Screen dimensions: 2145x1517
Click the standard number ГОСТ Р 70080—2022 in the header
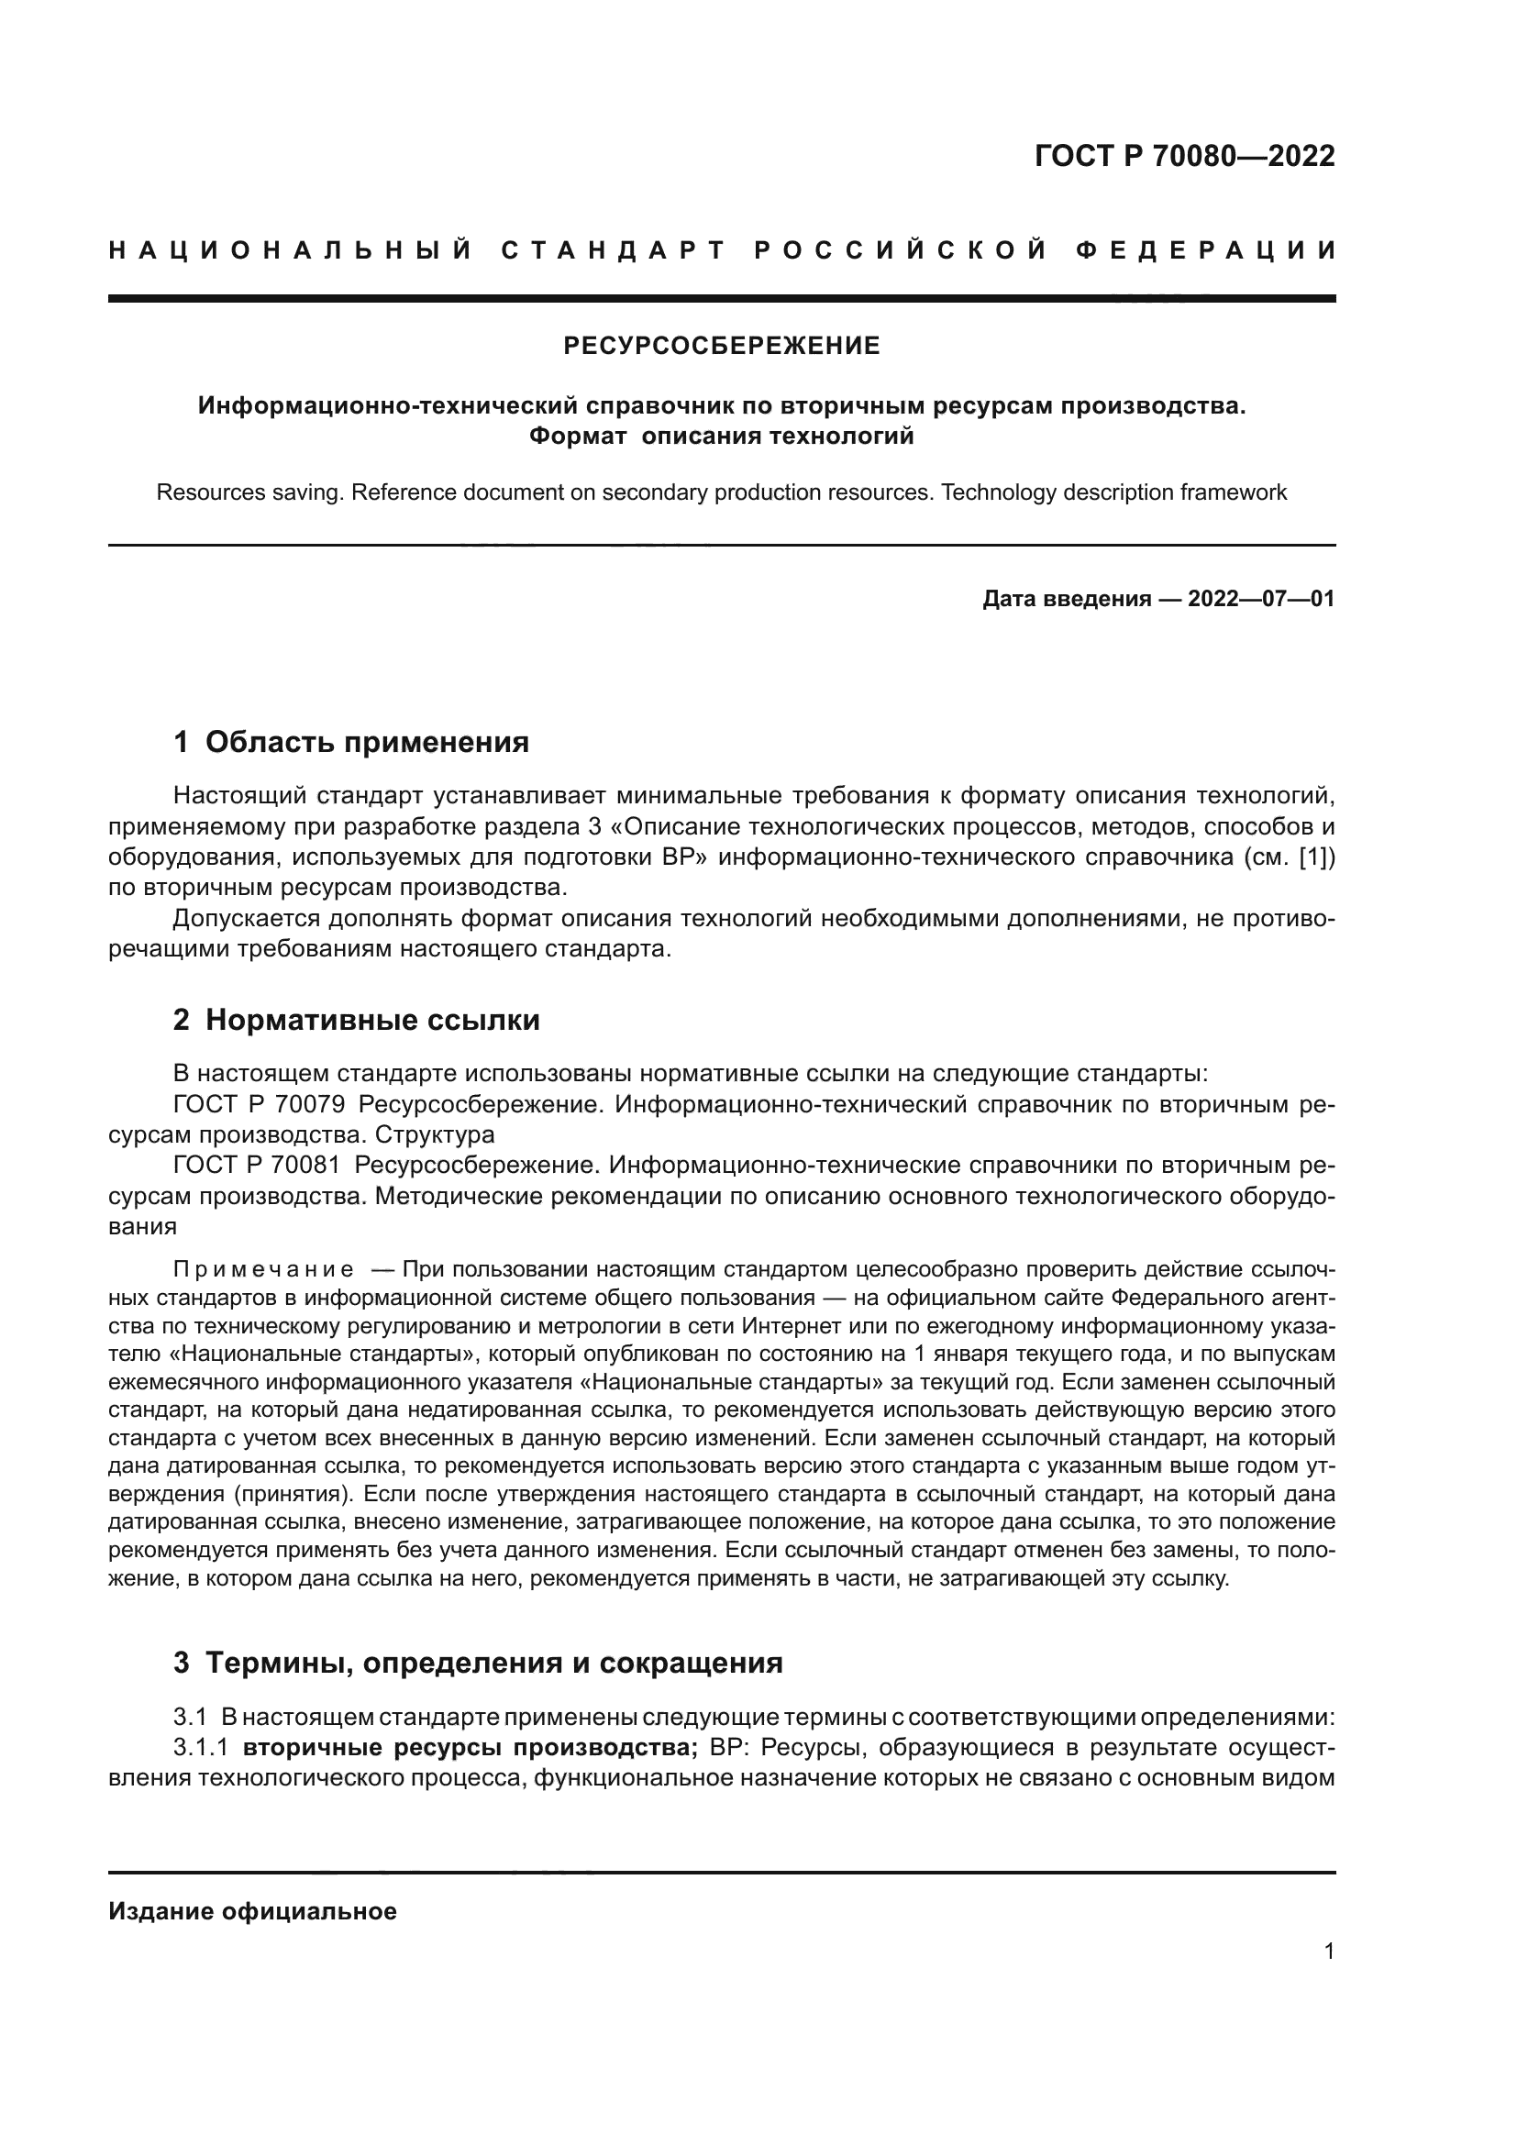[x=1184, y=156]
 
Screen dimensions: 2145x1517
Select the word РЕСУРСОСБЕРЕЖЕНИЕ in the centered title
[x=721, y=347]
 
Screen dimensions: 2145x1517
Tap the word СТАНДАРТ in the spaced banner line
[x=614, y=250]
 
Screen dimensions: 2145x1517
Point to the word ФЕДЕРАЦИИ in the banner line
[x=1206, y=250]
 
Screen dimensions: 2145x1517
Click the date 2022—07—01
[x=1261, y=599]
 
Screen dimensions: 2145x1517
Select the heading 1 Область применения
[x=351, y=742]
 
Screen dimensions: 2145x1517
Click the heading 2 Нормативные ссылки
[x=356, y=1020]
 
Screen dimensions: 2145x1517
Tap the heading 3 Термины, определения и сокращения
[x=477, y=1663]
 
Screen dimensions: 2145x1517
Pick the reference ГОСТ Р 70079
[x=259, y=1105]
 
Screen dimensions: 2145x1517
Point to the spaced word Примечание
[x=263, y=1269]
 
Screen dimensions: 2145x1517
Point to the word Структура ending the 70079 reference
[x=435, y=1135]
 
